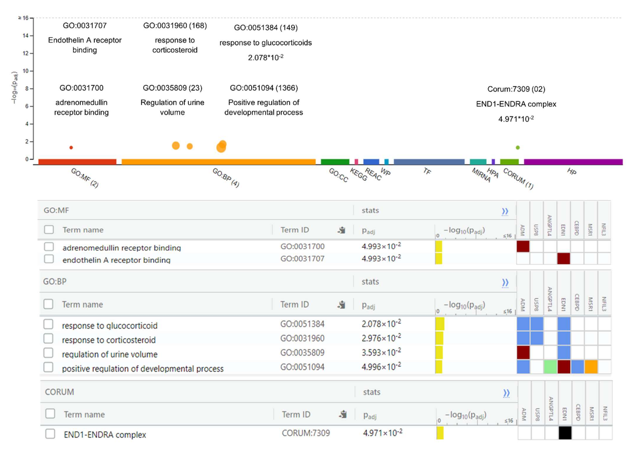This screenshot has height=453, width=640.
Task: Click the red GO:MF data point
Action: coord(71,148)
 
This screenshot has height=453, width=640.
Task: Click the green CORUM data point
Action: coord(518,148)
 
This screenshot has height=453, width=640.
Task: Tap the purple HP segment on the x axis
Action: coord(573,162)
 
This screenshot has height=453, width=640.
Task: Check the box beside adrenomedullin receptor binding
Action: coord(49,247)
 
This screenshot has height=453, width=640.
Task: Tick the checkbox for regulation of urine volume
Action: coord(48,353)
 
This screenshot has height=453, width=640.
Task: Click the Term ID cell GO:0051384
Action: coord(302,324)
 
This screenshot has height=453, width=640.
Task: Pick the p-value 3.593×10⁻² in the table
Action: coord(381,352)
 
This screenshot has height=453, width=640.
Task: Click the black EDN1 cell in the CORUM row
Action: coord(565,433)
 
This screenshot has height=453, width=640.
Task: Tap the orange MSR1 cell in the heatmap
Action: coord(591,367)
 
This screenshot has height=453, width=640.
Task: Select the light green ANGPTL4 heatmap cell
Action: coord(550,367)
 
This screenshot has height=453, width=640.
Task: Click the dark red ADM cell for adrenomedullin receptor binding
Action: coord(523,247)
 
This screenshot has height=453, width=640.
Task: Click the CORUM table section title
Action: coord(59,392)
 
